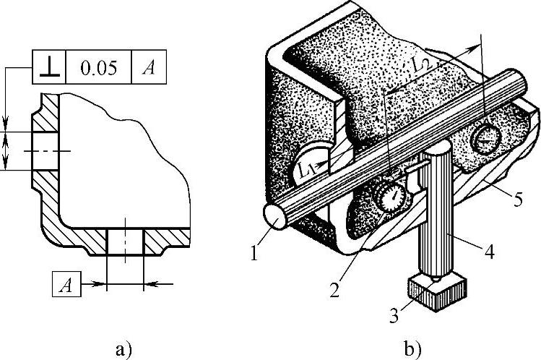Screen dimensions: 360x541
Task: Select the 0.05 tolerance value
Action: click(x=97, y=69)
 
